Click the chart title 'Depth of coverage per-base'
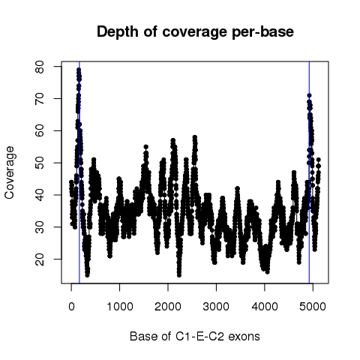coord(195,32)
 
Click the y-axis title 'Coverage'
coord(10,172)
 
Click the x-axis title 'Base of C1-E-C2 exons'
coord(195,336)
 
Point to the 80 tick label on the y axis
coord(40,67)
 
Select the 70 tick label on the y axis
coord(40,98)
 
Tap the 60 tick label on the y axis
coord(40,130)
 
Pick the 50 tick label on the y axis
coord(40,163)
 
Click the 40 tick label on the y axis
coord(40,195)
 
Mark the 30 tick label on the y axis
coord(40,227)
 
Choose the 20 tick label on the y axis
coord(40,259)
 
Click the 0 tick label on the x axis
coord(71,306)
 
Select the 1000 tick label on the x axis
coord(120,306)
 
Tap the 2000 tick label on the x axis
coord(168,306)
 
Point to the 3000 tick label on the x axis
coord(216,306)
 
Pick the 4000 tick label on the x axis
coord(265,306)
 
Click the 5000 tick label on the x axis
coord(313,306)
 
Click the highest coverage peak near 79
coord(79,70)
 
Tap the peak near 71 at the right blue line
coord(309,95)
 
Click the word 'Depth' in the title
coord(118,32)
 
